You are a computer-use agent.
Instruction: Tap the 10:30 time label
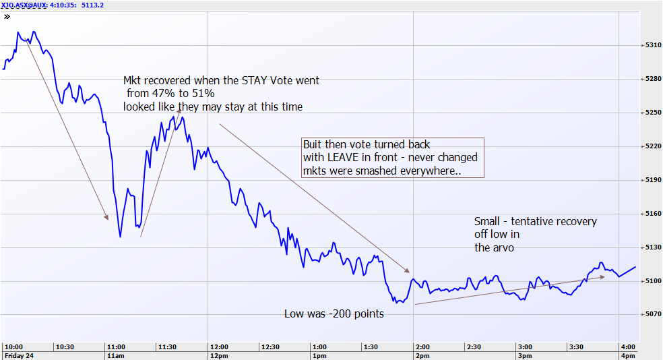coord(65,347)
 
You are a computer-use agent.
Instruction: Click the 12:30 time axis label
coord(270,347)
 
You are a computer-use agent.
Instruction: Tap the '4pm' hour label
coord(627,355)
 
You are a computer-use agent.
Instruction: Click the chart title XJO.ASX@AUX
coord(24,4)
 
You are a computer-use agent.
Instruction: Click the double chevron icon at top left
coord(7,16)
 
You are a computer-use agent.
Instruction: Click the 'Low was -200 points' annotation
coord(334,313)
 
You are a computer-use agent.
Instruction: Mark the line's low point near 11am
coord(120,237)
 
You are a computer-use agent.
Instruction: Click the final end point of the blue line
coord(635,267)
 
